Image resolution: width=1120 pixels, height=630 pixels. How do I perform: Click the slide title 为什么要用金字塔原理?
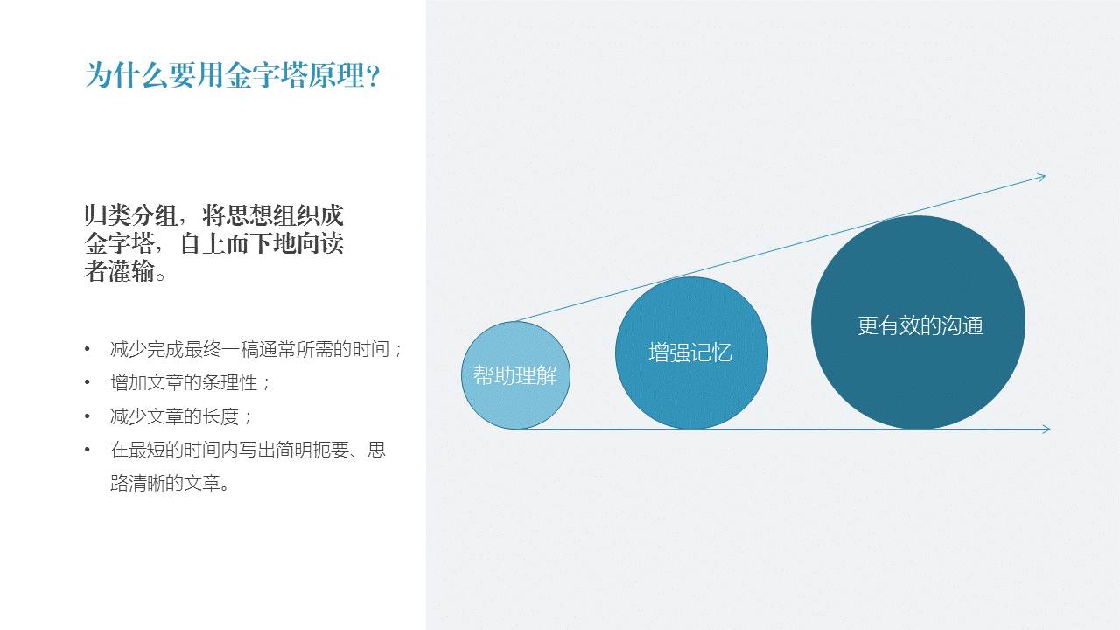233,75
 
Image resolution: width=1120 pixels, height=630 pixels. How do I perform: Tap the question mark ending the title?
373,76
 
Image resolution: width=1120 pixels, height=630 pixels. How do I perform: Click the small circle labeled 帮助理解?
515,375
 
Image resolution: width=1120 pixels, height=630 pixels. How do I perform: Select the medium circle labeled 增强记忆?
691,353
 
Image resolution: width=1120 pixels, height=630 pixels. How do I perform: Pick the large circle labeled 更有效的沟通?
919,323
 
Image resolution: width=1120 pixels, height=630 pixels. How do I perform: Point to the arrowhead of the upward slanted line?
1040,177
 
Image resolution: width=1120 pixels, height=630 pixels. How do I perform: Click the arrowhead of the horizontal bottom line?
1046,429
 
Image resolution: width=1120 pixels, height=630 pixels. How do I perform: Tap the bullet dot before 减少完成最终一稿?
87,349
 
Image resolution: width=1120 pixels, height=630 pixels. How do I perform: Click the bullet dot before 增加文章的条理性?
87,382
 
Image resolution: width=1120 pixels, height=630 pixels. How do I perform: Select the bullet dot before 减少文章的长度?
87,416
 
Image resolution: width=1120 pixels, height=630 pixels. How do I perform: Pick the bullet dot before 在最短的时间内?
87,450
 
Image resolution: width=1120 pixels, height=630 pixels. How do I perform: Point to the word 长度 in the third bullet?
220,416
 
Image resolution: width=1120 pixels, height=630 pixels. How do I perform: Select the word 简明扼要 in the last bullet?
311,450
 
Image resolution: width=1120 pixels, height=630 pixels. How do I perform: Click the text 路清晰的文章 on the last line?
165,483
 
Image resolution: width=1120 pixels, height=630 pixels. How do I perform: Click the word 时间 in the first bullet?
370,349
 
